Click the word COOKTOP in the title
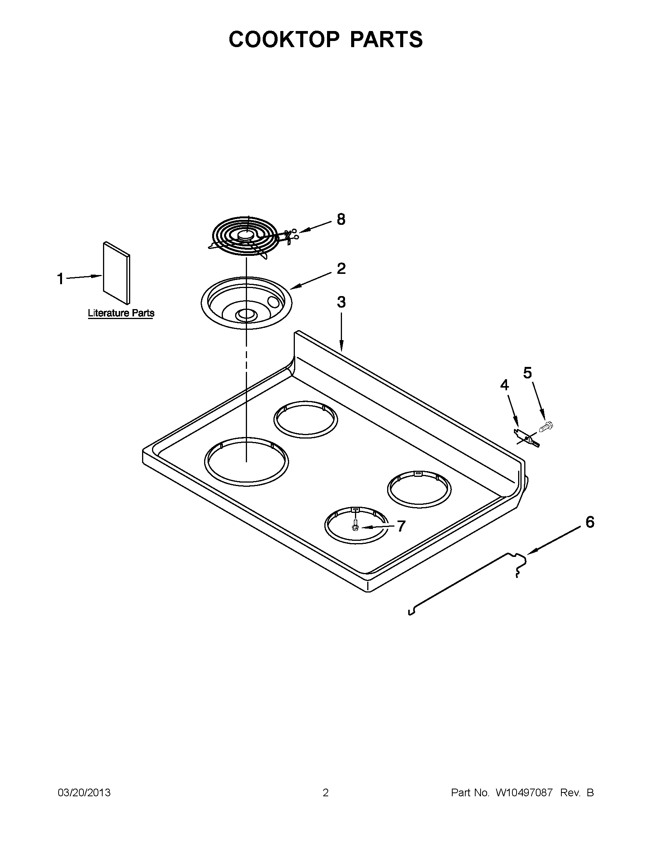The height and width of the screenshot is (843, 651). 284,39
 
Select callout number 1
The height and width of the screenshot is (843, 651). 60,279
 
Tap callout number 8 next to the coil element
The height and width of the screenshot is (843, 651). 341,219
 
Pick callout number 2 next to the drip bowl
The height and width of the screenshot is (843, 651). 341,268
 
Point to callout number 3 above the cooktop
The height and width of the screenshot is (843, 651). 341,302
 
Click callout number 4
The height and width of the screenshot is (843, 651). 504,385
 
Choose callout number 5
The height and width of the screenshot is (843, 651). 528,373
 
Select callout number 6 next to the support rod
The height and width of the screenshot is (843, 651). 590,523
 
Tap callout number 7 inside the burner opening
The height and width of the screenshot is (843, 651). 401,526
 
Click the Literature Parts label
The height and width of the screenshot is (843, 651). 121,313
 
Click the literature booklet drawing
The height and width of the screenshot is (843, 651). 116,273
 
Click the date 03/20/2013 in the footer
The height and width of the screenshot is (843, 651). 84,793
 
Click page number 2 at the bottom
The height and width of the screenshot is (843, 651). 325,793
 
